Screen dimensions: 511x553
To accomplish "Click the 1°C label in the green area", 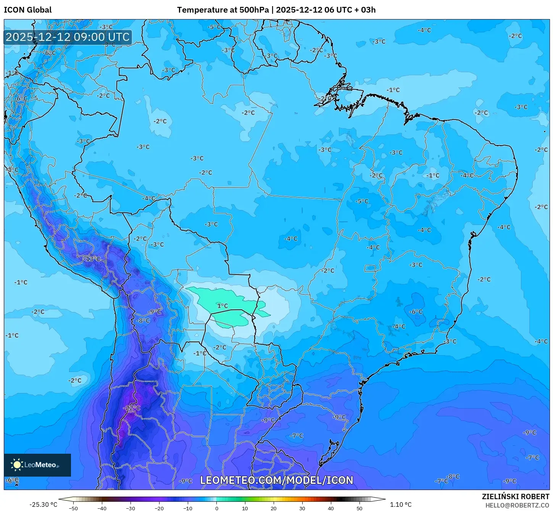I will tap(222, 306).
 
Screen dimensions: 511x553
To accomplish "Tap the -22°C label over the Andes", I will tap(132, 408).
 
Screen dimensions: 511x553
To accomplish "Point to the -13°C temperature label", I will tap(92, 259).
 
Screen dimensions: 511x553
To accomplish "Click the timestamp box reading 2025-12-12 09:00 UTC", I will tap(68, 37).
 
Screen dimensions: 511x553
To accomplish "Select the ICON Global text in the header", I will tap(27, 10).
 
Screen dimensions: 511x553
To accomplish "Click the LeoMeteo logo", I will tap(37, 465).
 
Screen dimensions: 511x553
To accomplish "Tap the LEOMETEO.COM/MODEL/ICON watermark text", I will tap(277, 480).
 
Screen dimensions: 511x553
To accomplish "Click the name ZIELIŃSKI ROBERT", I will tap(516, 496).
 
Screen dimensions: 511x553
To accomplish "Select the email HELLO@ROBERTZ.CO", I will tap(518, 505).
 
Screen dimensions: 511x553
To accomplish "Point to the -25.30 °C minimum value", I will tap(43, 505).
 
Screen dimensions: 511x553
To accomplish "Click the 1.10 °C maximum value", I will tap(401, 505).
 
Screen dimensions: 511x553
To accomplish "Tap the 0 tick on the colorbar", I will tap(216, 508).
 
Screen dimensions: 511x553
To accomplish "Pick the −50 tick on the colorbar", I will tap(73, 508).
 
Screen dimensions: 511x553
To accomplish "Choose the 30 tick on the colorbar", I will tap(302, 508).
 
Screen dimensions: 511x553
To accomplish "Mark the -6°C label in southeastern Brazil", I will tap(416, 312).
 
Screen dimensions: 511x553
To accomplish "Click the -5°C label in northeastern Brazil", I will tap(362, 201).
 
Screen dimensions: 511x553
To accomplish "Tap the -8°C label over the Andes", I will tap(143, 320).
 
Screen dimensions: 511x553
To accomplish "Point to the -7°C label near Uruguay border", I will tap(297, 435).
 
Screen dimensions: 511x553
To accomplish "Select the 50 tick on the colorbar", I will tap(360, 508).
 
